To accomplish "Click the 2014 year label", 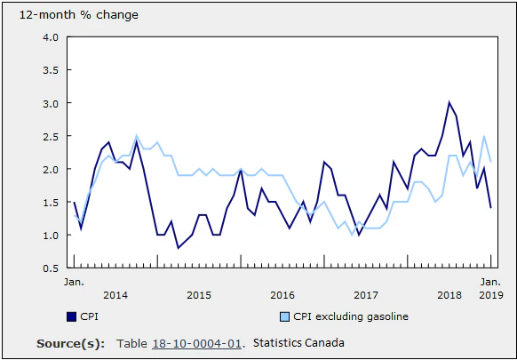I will click(x=115, y=294).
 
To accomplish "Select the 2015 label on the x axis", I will click(x=199, y=294).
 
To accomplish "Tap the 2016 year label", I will click(x=282, y=294).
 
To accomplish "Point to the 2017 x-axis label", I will click(x=366, y=294).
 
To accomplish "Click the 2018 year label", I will click(x=449, y=294).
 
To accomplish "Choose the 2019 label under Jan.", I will click(x=490, y=294).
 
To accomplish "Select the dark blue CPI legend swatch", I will click(x=71, y=316).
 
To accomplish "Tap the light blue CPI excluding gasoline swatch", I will click(x=284, y=316).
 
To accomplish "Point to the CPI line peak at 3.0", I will click(x=449, y=103).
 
